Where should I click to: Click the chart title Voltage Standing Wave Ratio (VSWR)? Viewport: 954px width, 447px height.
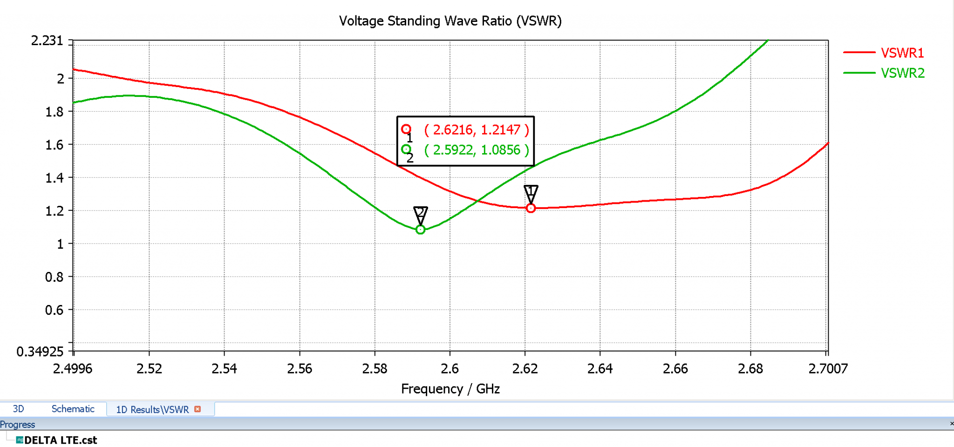pyautogui.click(x=450, y=21)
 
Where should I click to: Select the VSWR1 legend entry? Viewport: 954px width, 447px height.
pyautogui.click(x=902, y=53)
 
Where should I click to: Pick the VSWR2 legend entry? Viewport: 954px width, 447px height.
pyautogui.click(x=902, y=73)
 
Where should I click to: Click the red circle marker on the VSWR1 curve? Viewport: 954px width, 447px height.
pyautogui.click(x=531, y=208)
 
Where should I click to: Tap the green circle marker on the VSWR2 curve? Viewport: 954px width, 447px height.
pyautogui.click(x=420, y=230)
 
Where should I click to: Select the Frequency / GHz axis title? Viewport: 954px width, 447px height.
pyautogui.click(x=450, y=389)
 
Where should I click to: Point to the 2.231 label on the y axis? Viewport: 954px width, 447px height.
pyautogui.click(x=47, y=41)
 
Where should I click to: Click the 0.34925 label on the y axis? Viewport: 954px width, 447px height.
pyautogui.click(x=40, y=352)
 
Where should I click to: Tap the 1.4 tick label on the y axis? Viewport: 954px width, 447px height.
pyautogui.click(x=55, y=178)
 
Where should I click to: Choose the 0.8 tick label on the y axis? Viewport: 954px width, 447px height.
pyautogui.click(x=55, y=277)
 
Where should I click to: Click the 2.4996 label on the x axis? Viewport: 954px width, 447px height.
pyautogui.click(x=73, y=369)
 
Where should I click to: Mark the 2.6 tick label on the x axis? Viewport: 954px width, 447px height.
pyautogui.click(x=450, y=369)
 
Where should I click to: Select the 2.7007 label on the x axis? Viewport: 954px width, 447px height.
pyautogui.click(x=828, y=369)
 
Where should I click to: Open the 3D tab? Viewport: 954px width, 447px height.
pyautogui.click(x=18, y=409)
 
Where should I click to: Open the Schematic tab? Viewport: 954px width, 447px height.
pyautogui.click(x=73, y=409)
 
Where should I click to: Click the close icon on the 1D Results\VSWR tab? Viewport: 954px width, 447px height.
pyautogui.click(x=198, y=409)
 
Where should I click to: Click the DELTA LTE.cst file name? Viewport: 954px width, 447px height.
pyautogui.click(x=61, y=440)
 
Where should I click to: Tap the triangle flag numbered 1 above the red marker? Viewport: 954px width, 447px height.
pyautogui.click(x=531, y=192)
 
